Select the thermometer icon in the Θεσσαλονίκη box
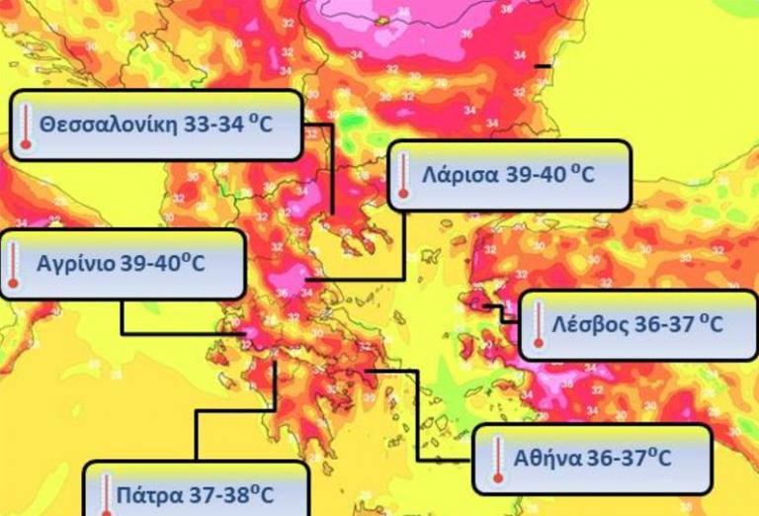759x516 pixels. pyautogui.click(x=27, y=127)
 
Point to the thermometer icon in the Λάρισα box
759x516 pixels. pyautogui.click(x=403, y=176)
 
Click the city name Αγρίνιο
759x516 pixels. pyautogui.click(x=75, y=265)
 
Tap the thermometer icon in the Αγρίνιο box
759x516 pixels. pyautogui.click(x=13, y=265)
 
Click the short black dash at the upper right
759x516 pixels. pyautogui.click(x=542, y=66)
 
